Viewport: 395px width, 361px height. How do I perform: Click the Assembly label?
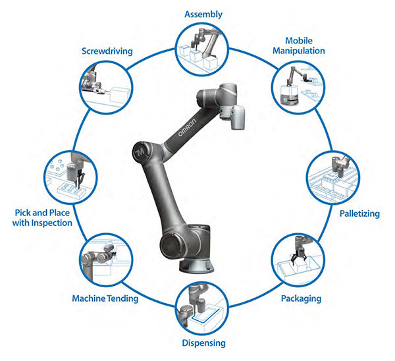click(203, 13)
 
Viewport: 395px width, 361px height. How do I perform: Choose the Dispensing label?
click(203, 343)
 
